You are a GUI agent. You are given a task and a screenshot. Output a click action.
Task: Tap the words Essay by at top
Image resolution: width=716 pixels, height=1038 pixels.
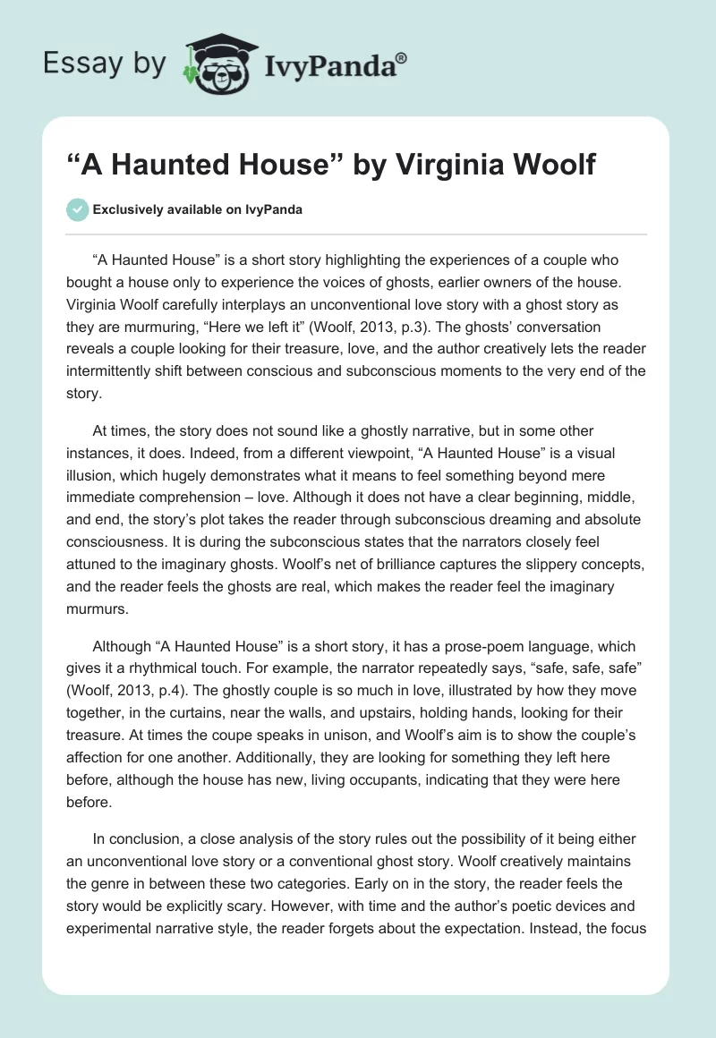[105, 64]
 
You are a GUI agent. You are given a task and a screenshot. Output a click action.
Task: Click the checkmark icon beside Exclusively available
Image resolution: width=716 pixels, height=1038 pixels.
[78, 209]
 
